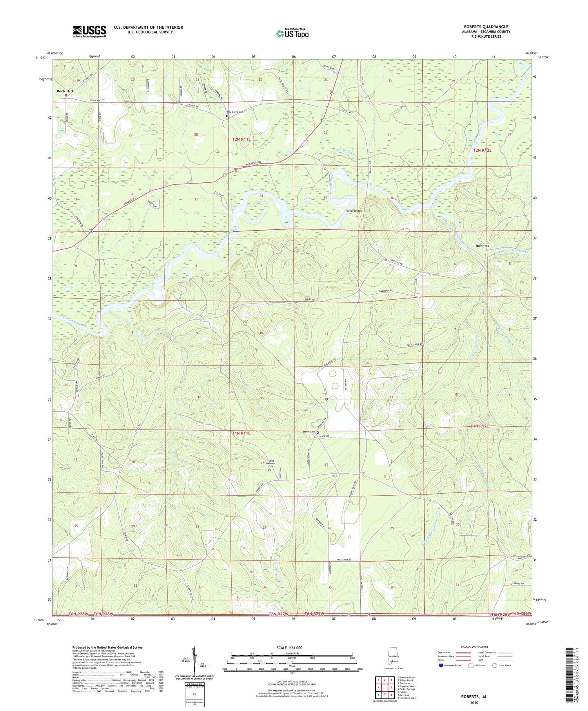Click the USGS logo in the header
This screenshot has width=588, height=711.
pyautogui.click(x=89, y=31)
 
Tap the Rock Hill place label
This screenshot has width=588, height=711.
pyautogui.click(x=64, y=91)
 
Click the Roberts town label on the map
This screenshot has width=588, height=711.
pyautogui.click(x=482, y=245)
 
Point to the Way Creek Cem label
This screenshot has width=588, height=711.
pyautogui.click(x=235, y=112)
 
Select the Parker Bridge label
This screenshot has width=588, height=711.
pyautogui.click(x=353, y=211)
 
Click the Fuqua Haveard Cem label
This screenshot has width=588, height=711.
pyautogui.click(x=268, y=463)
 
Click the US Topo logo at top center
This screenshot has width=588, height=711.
pyautogui.click(x=292, y=33)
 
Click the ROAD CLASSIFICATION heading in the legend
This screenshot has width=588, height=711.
pyautogui.click(x=474, y=647)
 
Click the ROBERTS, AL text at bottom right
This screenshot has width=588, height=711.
pyautogui.click(x=474, y=696)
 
